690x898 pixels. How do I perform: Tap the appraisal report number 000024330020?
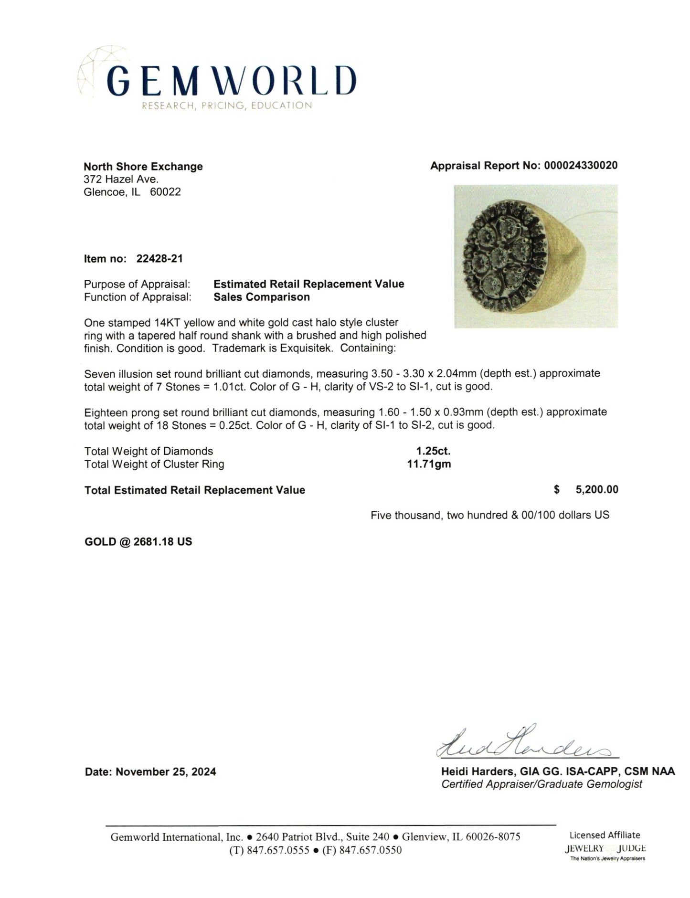point(580,166)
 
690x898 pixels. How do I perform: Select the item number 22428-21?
point(159,259)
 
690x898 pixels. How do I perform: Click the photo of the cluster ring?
point(535,256)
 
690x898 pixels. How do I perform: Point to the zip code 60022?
point(165,192)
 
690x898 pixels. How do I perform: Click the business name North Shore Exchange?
point(143,166)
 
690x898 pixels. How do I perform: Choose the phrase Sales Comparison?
point(261,297)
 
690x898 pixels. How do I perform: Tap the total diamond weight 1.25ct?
point(433,451)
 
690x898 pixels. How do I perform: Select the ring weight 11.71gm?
point(428,464)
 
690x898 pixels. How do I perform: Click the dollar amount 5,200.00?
point(597,490)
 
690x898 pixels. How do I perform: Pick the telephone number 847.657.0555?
point(278,850)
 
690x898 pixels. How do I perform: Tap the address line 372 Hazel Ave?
point(121,179)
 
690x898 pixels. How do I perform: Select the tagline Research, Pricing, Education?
point(227,106)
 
